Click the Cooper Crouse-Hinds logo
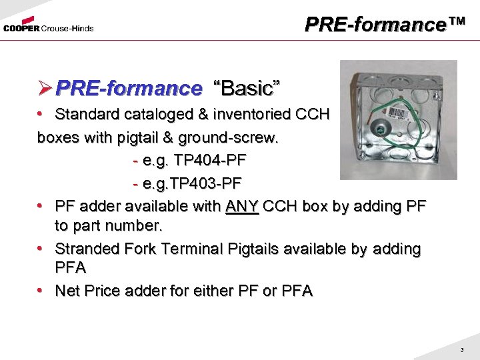(47, 26)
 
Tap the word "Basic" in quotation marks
(246, 88)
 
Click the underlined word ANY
(242, 205)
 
